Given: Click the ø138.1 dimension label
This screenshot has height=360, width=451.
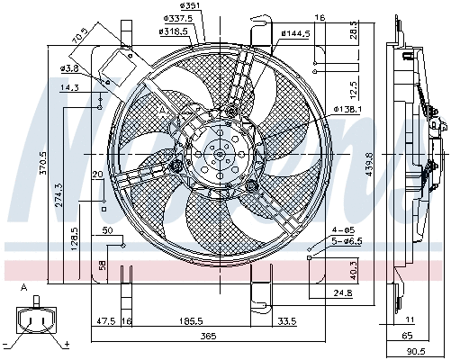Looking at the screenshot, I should [x=347, y=109].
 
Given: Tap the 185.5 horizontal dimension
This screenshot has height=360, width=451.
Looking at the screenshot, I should [x=189, y=320].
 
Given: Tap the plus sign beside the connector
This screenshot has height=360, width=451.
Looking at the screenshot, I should [x=66, y=344].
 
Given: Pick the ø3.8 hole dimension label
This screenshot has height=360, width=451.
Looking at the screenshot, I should [x=68, y=67].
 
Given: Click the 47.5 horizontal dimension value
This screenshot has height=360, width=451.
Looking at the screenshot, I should [x=106, y=320].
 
